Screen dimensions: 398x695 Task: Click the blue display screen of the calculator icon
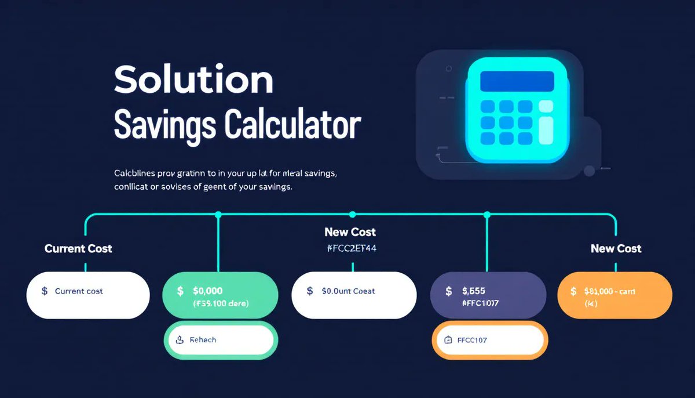click(x=517, y=81)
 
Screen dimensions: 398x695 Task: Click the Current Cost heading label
click(x=78, y=248)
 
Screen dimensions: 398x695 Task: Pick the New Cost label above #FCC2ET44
click(x=350, y=232)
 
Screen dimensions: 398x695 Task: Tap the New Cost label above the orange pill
click(x=616, y=248)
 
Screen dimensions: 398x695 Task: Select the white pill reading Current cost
click(x=88, y=294)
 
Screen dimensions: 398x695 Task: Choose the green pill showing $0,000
click(x=219, y=295)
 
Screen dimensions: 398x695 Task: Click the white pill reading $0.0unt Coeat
click(x=353, y=294)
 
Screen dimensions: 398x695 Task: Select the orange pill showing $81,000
click(x=614, y=295)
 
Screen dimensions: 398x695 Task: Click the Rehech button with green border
click(x=220, y=339)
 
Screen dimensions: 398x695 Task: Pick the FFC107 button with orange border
click(x=489, y=340)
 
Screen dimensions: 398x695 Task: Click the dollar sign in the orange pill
click(x=573, y=291)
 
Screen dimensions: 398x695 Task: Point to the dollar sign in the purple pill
click(x=448, y=291)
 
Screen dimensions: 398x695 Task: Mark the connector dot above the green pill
click(x=218, y=215)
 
